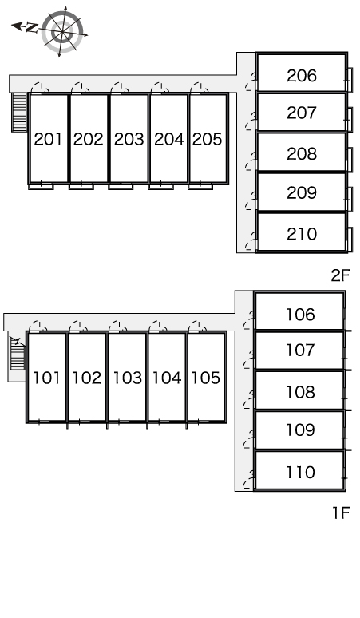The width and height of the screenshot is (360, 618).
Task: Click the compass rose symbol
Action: (x=62, y=31)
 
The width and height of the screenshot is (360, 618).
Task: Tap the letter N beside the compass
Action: (x=32, y=28)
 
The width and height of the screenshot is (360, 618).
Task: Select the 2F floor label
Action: (x=340, y=275)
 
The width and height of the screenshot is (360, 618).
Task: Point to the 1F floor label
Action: (x=341, y=513)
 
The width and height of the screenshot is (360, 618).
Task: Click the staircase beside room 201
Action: (x=19, y=112)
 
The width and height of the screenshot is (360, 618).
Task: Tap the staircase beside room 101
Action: (x=18, y=353)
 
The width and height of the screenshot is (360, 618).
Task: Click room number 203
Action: (x=129, y=139)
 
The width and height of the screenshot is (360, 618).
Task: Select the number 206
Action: (x=302, y=76)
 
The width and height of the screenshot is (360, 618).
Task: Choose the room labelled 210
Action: (x=302, y=234)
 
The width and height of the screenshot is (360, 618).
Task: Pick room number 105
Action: (x=206, y=378)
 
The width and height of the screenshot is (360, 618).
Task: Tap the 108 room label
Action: (x=300, y=392)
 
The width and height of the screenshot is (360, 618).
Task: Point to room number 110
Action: (x=300, y=472)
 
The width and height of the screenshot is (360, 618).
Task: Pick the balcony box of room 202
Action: (x=81, y=186)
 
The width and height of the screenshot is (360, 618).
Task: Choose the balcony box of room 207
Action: (x=350, y=119)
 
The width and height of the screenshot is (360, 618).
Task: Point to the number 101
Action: (x=46, y=378)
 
